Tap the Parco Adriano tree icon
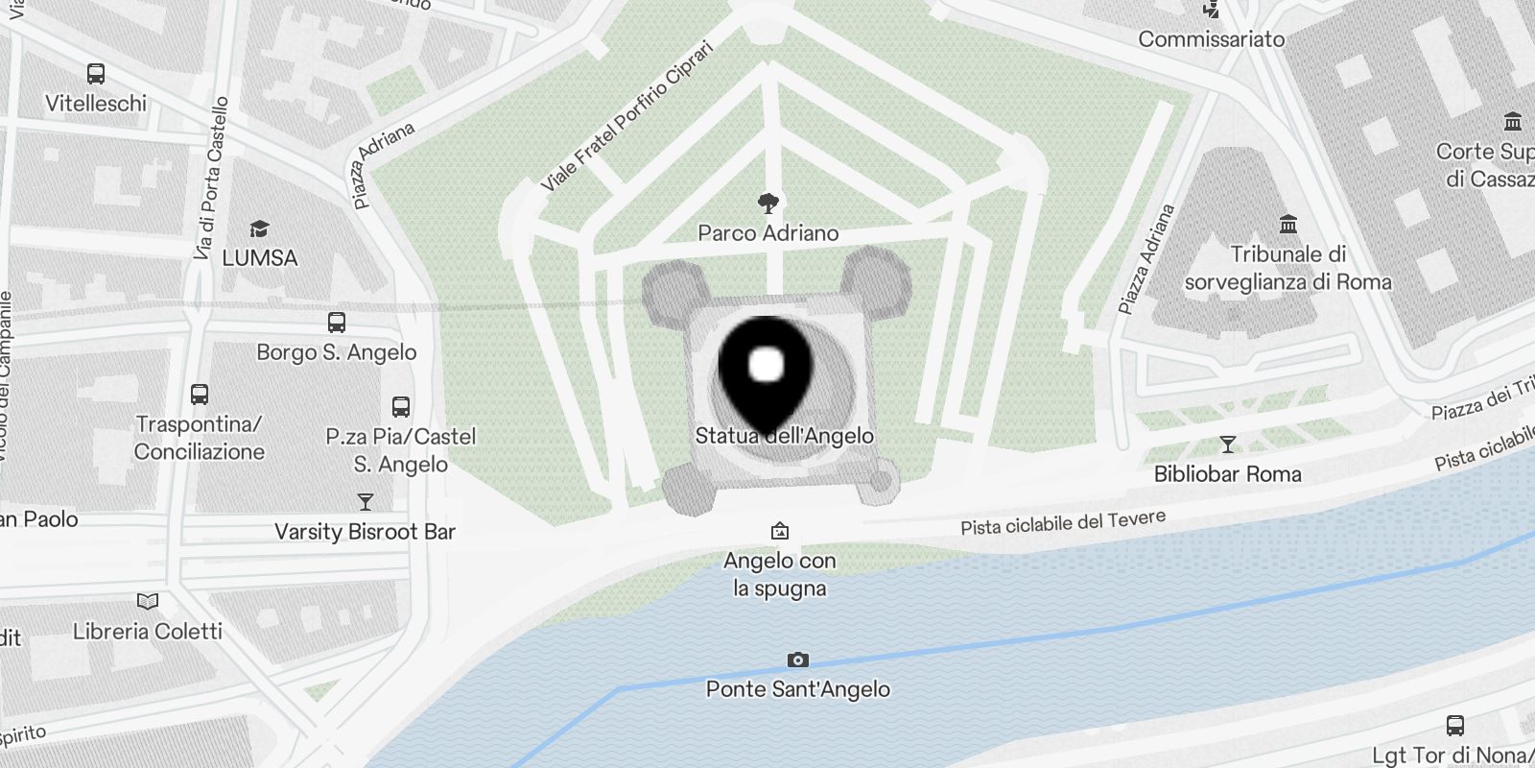pos(767,203)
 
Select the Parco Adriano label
pos(767,233)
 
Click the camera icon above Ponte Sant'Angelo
pos(797,660)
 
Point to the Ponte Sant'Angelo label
pos(797,689)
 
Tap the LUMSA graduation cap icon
pos(259,228)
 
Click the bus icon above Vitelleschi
pos(96,73)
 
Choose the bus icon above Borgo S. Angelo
pos(336,323)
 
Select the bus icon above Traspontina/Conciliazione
pos(200,394)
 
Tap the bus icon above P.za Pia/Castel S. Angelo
pos(401,406)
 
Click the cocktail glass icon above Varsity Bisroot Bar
pos(365,502)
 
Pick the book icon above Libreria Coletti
pos(148,602)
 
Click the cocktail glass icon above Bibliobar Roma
pos(1227,444)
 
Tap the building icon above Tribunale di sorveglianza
pos(1288,225)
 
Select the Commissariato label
pos(1211,39)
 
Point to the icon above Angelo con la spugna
pos(780,531)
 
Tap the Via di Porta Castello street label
pos(211,178)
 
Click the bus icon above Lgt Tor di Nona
pos(1454,725)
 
